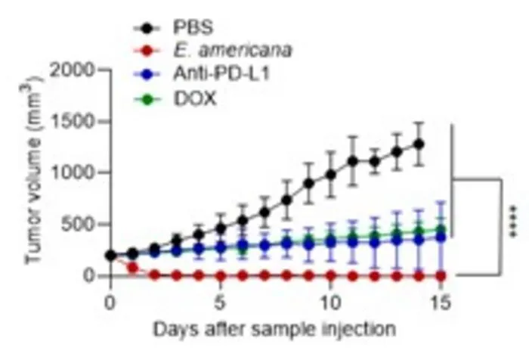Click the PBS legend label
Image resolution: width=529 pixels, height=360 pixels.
[193, 27]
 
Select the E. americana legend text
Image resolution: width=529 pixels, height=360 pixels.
[233, 51]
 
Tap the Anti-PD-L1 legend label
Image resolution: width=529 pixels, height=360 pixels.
[221, 73]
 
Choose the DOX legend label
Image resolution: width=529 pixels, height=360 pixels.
[195, 99]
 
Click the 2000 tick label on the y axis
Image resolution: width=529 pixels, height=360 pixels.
[73, 70]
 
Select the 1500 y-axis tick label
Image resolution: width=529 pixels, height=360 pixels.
[73, 122]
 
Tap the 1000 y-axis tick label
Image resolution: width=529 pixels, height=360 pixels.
[73, 173]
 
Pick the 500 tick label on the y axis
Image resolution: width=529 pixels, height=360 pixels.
[78, 224]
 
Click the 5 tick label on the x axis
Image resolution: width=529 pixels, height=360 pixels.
[220, 303]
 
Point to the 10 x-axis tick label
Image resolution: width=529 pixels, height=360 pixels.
[330, 303]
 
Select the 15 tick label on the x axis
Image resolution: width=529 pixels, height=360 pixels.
[441, 303]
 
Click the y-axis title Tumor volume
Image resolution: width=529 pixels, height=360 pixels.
[32, 169]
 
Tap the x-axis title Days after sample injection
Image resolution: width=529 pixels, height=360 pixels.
[274, 329]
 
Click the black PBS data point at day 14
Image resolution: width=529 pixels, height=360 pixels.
[419, 144]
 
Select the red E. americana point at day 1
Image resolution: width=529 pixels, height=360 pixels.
[132, 268]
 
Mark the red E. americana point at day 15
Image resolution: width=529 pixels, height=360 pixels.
[441, 276]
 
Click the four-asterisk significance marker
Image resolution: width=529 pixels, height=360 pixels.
[513, 221]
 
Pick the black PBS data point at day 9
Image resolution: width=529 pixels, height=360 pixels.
[308, 183]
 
